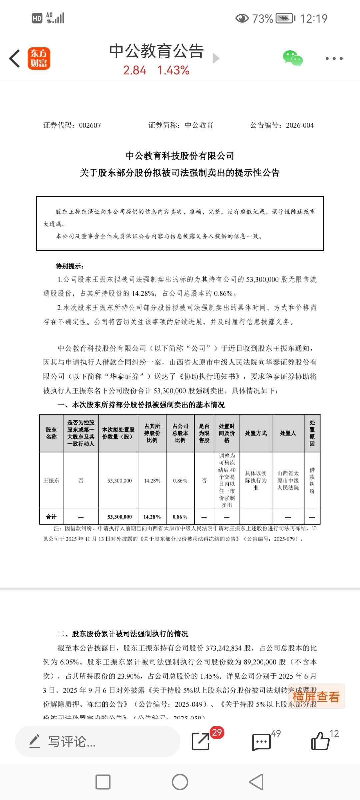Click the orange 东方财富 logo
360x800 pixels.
point(39,58)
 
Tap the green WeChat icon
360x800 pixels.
point(293,58)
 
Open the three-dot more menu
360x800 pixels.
point(334,59)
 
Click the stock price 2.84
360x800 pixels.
point(135,70)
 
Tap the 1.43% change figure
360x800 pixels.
point(173,70)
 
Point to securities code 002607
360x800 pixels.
point(90,125)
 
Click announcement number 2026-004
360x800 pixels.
point(300,125)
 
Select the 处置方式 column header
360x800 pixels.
point(256,433)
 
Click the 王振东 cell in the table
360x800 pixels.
point(51,480)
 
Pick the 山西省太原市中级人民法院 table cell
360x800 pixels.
point(288,480)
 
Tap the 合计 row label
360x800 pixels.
point(51,517)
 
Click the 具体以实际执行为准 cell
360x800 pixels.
point(256,480)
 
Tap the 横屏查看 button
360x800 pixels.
point(316,696)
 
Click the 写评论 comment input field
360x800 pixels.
point(97,742)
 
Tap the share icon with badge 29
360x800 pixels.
point(201,741)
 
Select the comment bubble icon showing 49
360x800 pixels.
point(262,742)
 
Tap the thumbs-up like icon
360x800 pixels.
point(320,741)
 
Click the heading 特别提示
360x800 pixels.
point(69,266)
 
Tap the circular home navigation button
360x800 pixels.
point(180,782)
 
